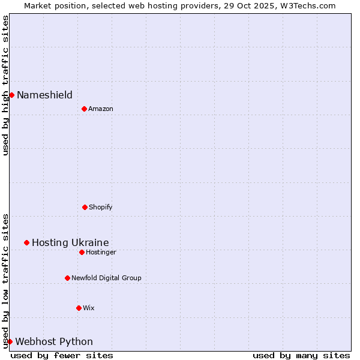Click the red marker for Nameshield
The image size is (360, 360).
click(11, 95)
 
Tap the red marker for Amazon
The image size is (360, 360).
click(84, 109)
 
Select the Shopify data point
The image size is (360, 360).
click(85, 207)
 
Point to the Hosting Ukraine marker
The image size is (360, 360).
click(26, 242)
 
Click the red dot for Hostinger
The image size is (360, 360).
click(82, 252)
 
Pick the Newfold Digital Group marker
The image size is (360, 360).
click(67, 278)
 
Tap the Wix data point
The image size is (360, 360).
click(79, 308)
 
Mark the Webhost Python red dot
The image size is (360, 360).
click(10, 341)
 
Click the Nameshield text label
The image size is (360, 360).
click(44, 95)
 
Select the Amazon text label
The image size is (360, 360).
click(101, 109)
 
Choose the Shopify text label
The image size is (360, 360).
click(100, 207)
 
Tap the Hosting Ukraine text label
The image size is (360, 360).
click(70, 242)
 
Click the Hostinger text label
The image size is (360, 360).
click(101, 252)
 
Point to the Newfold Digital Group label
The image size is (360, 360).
click(106, 278)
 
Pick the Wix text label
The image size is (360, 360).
click(89, 308)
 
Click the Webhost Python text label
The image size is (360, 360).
click(54, 341)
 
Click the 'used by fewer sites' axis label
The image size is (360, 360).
click(62, 355)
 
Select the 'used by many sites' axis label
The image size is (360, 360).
click(301, 355)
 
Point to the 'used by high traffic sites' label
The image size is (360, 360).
click(5, 85)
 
